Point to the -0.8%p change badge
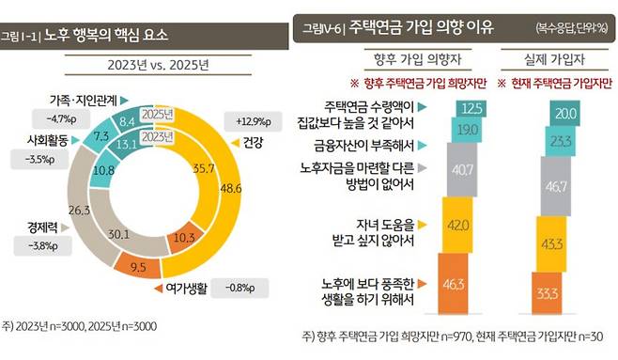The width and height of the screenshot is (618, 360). point(240,280)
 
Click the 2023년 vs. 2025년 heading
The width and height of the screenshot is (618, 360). point(154,65)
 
